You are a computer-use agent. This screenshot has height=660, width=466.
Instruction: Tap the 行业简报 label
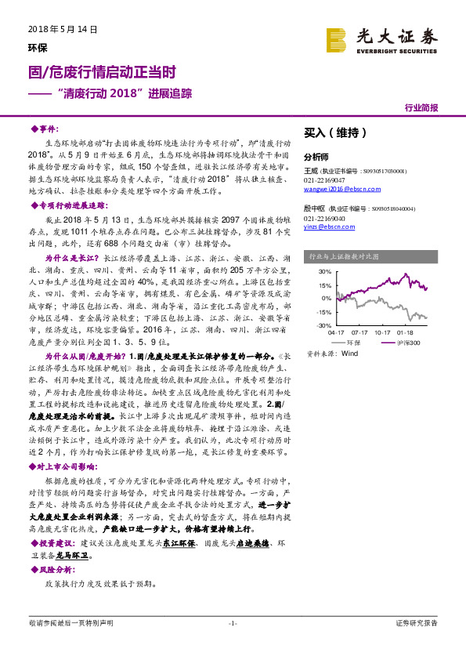421,107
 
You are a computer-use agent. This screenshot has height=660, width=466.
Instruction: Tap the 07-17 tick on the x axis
360,332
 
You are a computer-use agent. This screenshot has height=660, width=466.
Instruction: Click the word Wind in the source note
349,354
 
